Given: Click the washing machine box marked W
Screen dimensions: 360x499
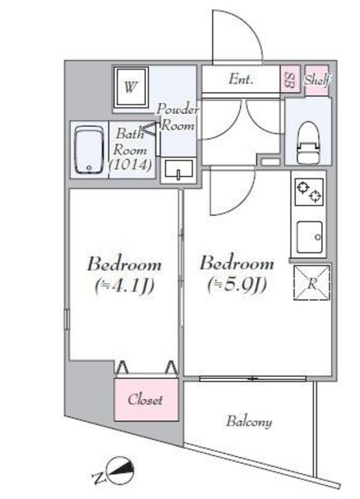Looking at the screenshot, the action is [x=131, y=87].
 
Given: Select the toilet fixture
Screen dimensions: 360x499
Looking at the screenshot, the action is [x=308, y=143].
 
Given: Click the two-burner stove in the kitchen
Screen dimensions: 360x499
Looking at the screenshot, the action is [x=309, y=192].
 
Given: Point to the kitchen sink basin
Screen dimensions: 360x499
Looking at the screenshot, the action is [x=309, y=237].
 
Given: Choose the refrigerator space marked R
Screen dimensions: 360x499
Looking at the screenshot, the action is [x=312, y=282].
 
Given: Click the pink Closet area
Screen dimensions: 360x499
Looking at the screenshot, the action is [x=146, y=399].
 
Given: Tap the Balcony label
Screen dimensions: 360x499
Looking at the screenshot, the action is [x=249, y=423].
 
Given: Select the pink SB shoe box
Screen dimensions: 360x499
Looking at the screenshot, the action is [x=290, y=80].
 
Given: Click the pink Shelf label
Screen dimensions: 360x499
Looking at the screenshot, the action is [x=316, y=80].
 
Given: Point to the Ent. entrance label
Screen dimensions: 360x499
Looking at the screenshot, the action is [x=241, y=80].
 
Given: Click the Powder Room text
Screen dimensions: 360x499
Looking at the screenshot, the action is [x=178, y=117].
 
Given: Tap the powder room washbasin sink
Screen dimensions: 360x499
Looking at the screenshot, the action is [x=178, y=170].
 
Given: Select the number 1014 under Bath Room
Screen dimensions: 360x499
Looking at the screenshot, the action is [x=130, y=165].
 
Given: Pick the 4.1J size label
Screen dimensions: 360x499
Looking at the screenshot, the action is [x=125, y=286].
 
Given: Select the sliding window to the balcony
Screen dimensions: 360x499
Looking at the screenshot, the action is [x=252, y=379].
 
